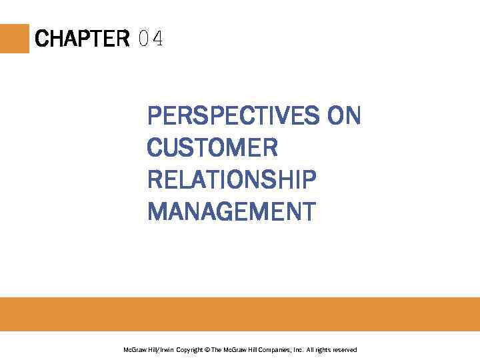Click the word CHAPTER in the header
click(82, 39)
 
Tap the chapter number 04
click(151, 39)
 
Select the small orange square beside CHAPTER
click(15, 39)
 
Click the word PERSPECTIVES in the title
click(233, 116)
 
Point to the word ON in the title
click(343, 116)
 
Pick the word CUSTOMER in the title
click(212, 147)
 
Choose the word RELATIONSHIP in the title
click(231, 179)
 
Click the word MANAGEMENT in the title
click(231, 211)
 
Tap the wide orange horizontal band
click(240, 313)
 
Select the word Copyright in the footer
click(190, 350)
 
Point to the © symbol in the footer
click(207, 350)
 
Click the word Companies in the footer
click(273, 350)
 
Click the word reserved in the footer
click(345, 350)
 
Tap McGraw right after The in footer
click(236, 350)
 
